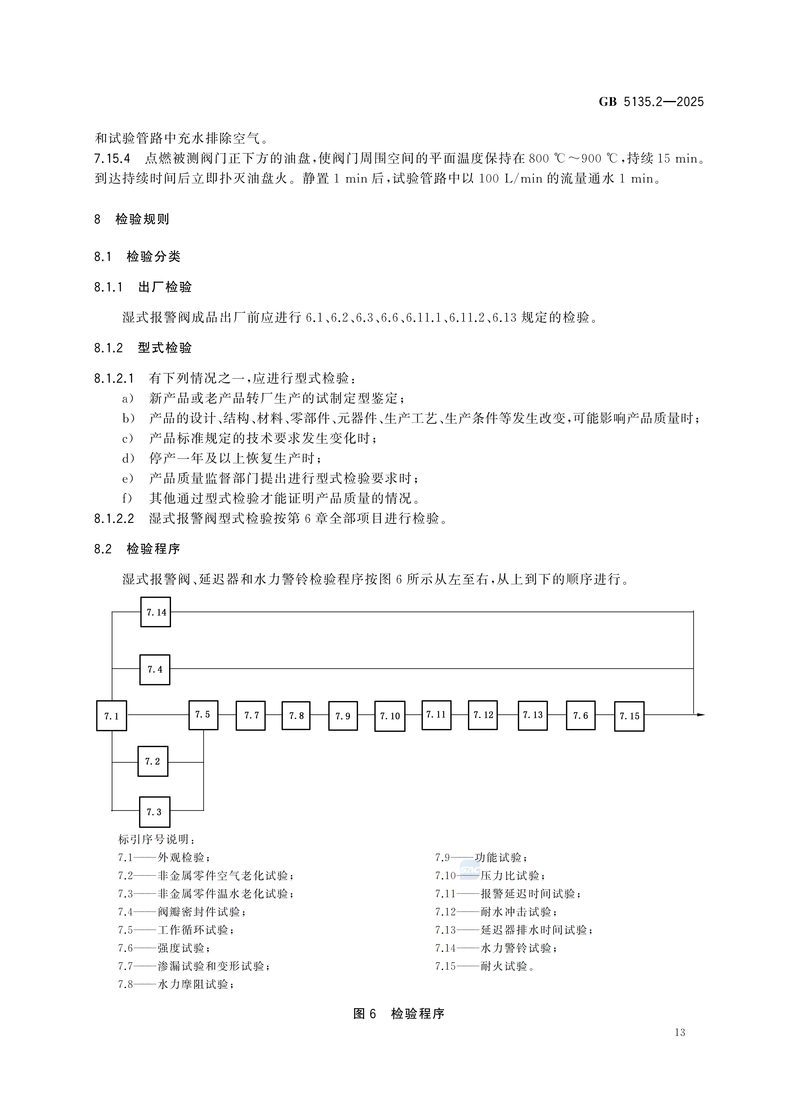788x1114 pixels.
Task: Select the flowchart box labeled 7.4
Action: pos(155,669)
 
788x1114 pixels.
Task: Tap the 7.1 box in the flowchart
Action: pos(112,716)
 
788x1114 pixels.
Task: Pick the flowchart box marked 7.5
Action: pos(203,715)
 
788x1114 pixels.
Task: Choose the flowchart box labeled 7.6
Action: pos(581,715)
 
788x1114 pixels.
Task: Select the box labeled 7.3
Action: pos(154,812)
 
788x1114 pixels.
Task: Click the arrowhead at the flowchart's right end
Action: pos(701,715)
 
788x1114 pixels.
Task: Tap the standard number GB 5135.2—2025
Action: pos(651,102)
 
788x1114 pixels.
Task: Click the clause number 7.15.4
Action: pos(112,159)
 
